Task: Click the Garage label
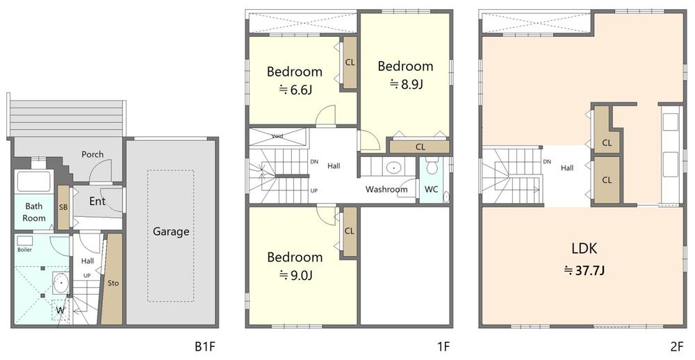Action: point(171,231)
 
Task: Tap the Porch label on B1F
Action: point(92,154)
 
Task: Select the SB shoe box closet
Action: point(63,207)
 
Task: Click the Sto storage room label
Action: point(113,282)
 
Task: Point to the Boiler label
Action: point(25,249)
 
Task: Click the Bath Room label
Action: point(34,212)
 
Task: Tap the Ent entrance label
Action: point(97,202)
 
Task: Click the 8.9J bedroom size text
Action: point(407,84)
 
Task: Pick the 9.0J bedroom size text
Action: point(296,275)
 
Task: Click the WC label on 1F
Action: point(432,189)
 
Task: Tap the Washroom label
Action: point(386,189)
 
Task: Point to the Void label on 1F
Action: point(277,136)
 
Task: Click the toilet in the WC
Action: point(432,167)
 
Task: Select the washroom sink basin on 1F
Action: point(393,167)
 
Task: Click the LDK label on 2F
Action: point(584,249)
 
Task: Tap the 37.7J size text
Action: point(584,270)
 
